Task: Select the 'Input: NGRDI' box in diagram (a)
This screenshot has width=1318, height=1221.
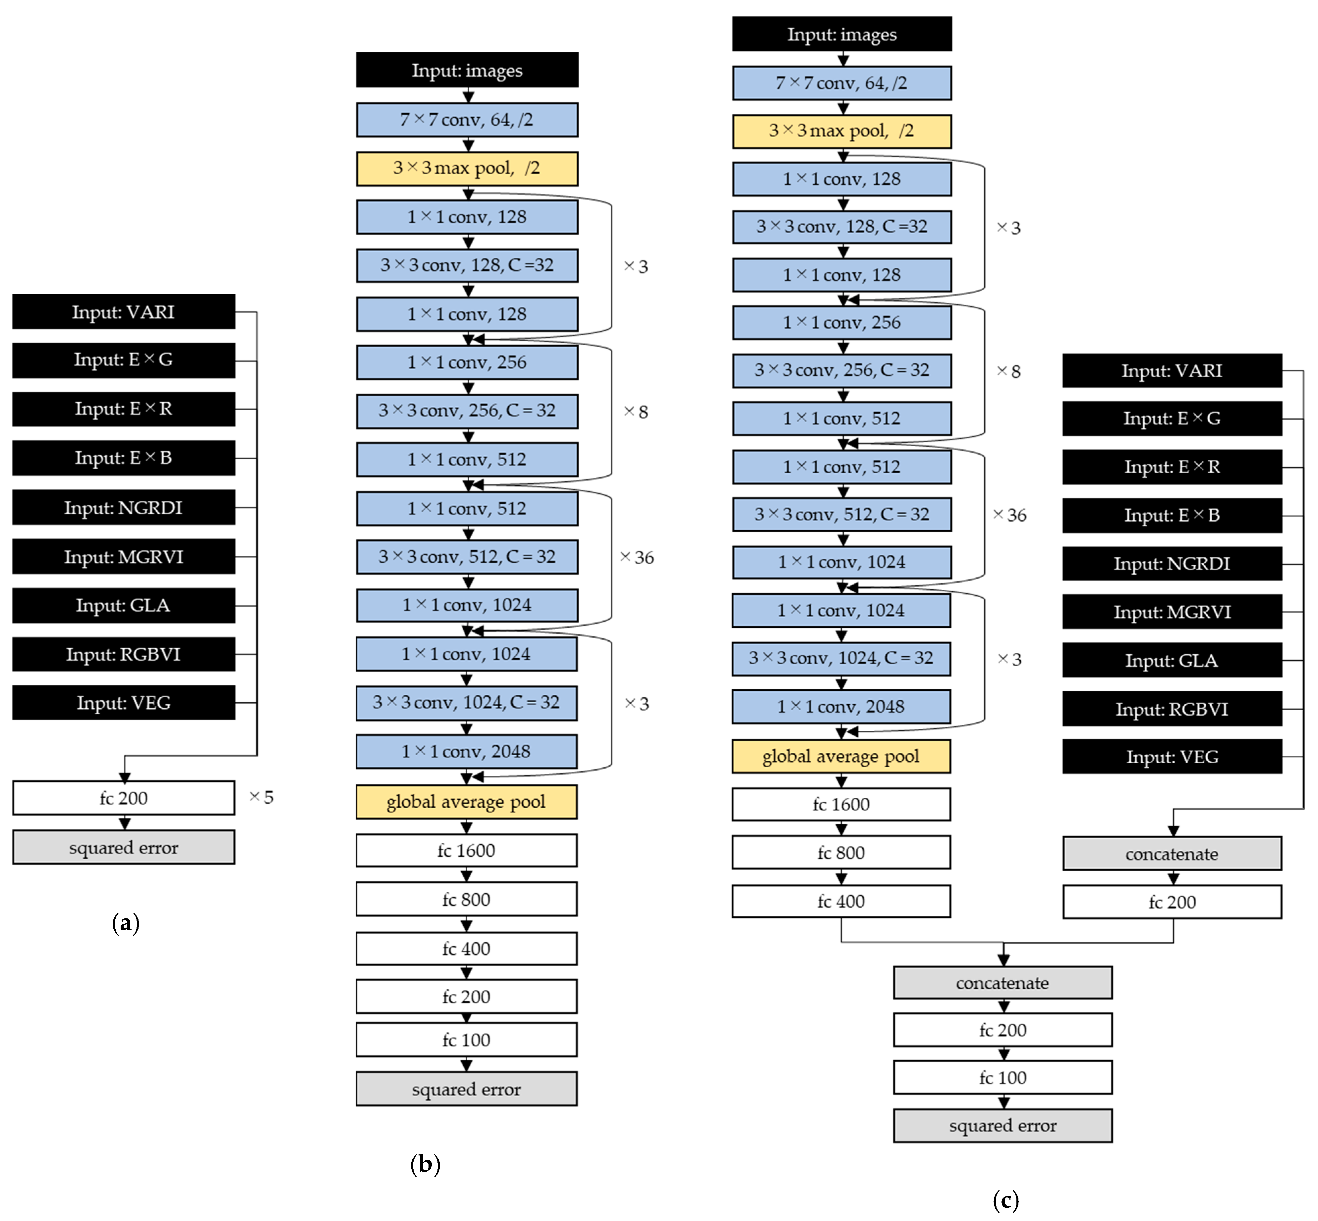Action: pos(124,507)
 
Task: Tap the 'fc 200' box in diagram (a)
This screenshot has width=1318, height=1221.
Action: pos(124,798)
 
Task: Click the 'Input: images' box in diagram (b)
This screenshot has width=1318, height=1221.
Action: pos(467,70)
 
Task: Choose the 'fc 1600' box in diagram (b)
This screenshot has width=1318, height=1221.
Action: pos(466,850)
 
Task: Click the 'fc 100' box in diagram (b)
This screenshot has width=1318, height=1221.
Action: pos(466,1040)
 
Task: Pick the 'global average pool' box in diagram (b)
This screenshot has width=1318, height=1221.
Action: pos(466,802)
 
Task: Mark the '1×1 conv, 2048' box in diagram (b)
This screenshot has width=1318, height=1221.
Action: pos(466,752)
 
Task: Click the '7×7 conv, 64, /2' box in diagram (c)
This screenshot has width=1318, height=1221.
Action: pos(842,83)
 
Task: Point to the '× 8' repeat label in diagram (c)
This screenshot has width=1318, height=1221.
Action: pos(1009,371)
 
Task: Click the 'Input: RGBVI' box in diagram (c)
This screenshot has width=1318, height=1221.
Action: pos(1172,709)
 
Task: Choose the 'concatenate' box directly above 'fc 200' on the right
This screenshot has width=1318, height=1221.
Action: pos(1172,854)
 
